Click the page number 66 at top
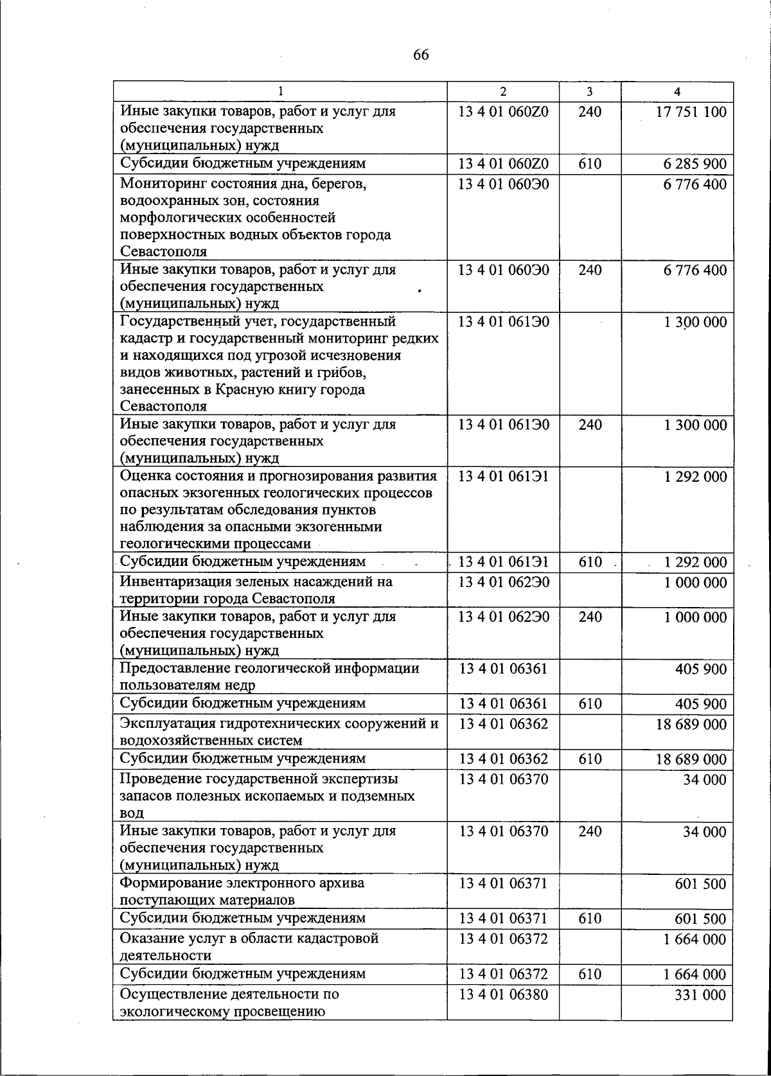[x=421, y=55]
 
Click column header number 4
[x=677, y=92]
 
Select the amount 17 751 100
[x=691, y=112]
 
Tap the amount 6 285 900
[x=695, y=164]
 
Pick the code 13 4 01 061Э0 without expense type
[x=503, y=321]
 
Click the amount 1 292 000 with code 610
[x=695, y=563]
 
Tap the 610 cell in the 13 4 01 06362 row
[x=590, y=759]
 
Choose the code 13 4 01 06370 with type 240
[x=503, y=832]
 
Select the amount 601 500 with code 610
[x=701, y=919]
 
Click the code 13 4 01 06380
[x=503, y=994]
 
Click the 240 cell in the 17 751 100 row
[x=590, y=112]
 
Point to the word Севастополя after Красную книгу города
[x=163, y=406]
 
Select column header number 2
[x=503, y=92]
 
